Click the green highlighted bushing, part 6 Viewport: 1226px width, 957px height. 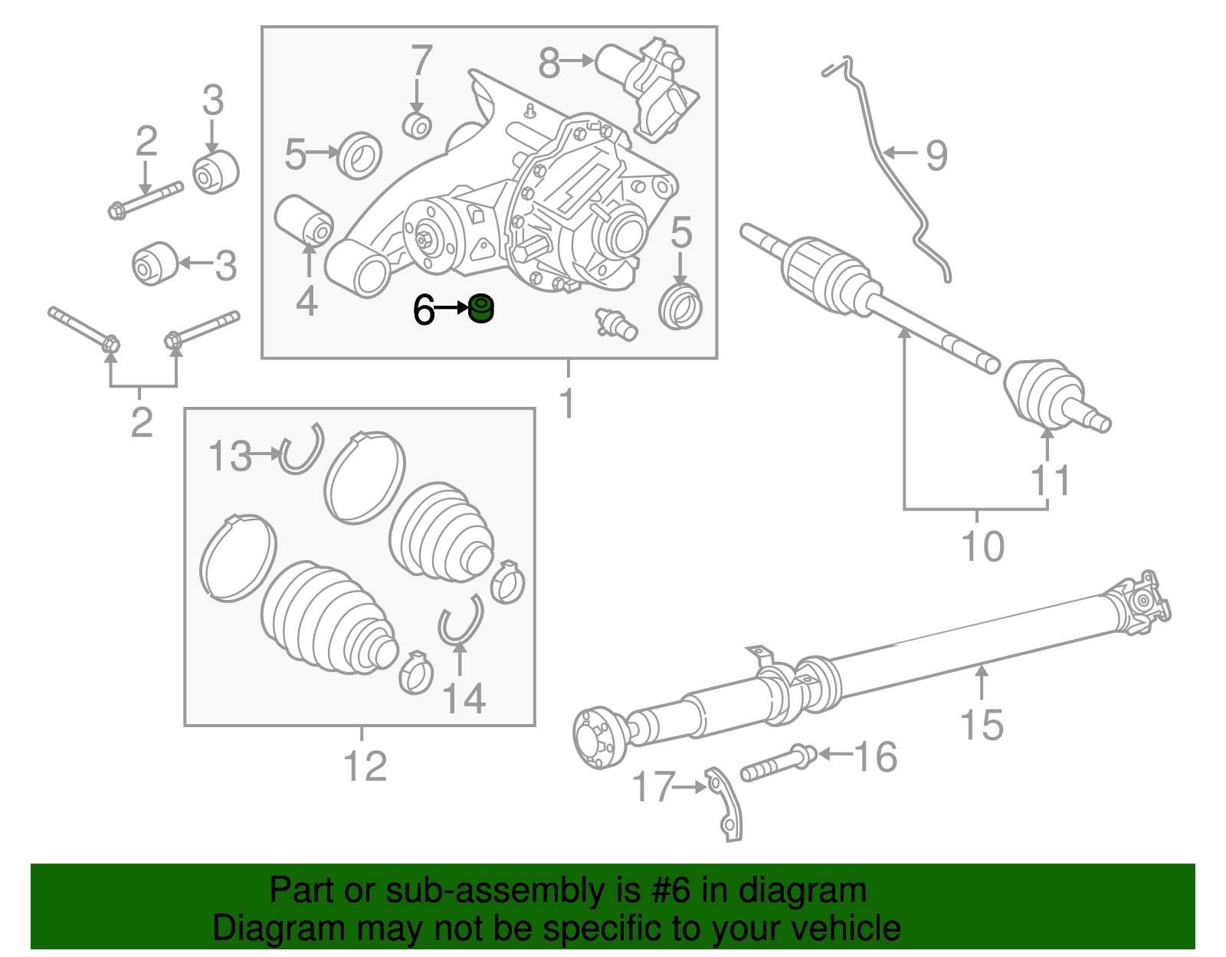[x=481, y=309]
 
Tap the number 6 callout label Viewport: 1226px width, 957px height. [x=423, y=310]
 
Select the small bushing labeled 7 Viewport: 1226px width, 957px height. [x=417, y=126]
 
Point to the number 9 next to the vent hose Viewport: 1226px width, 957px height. [x=936, y=156]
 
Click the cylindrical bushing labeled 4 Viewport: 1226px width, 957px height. [x=303, y=219]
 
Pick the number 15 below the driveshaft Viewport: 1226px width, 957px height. [x=982, y=725]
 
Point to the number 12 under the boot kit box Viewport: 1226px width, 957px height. [x=366, y=766]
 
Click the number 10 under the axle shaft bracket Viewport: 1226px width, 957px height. [x=982, y=547]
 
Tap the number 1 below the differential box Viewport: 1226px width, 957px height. [x=567, y=404]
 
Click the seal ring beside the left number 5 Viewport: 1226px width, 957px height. [x=359, y=156]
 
